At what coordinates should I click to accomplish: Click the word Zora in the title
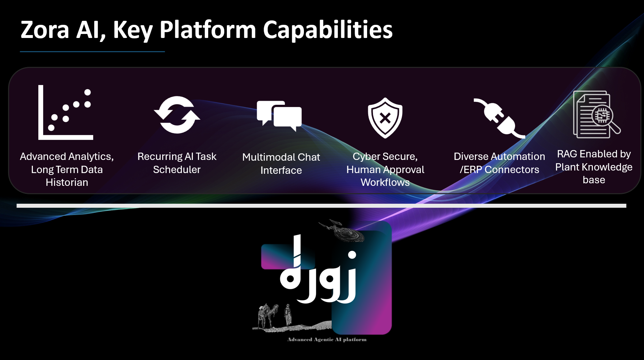(x=45, y=30)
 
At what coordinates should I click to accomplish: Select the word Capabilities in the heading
(x=328, y=30)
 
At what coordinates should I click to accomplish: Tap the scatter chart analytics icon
(x=66, y=112)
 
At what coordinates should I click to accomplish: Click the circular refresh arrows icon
(x=177, y=115)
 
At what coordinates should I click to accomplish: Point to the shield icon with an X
(x=385, y=118)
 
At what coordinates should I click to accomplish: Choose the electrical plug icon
(x=499, y=118)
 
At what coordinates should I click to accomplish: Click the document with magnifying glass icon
(x=597, y=114)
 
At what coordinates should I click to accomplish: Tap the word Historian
(x=67, y=182)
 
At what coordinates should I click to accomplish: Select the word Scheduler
(x=177, y=169)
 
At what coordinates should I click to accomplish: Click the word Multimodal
(x=268, y=157)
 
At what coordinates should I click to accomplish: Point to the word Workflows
(x=385, y=182)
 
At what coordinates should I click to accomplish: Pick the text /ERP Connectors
(x=499, y=169)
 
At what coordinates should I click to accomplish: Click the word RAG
(x=567, y=154)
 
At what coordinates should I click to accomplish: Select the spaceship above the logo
(x=342, y=230)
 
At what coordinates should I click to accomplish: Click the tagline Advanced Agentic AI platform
(x=327, y=340)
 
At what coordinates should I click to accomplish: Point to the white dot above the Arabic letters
(x=352, y=255)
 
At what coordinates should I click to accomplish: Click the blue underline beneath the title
(x=92, y=51)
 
